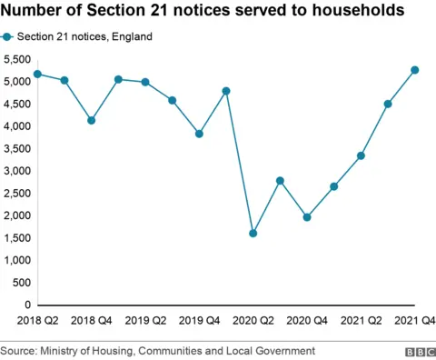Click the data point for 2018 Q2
(x=37, y=74)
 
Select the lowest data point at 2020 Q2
(x=253, y=234)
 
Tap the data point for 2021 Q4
(x=415, y=70)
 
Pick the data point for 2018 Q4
(x=91, y=120)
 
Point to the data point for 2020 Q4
(x=307, y=217)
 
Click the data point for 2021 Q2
(x=361, y=155)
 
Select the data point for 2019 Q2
(x=145, y=82)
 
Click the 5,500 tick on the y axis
(x=17, y=59)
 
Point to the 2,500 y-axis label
(x=17, y=193)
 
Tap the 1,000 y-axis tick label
(x=17, y=260)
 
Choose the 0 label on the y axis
(x=27, y=305)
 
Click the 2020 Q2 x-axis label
(x=253, y=320)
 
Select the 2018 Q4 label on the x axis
(x=91, y=320)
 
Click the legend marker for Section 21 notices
(x=8, y=37)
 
